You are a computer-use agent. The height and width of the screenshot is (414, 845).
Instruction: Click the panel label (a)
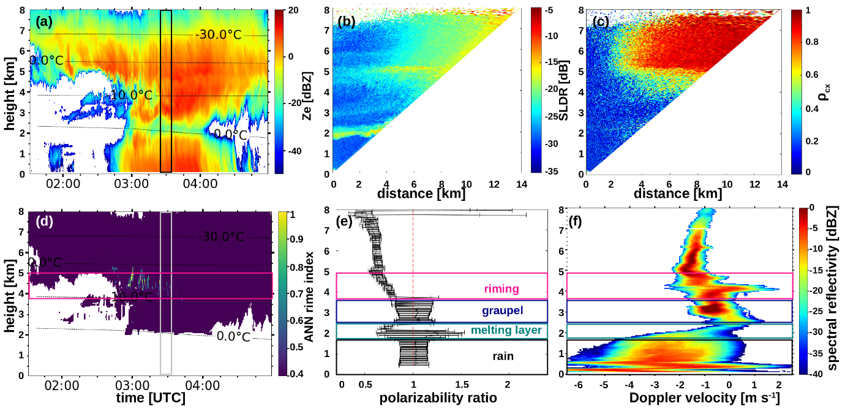click(x=45, y=22)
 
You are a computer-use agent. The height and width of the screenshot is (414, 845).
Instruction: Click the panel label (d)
click(x=45, y=223)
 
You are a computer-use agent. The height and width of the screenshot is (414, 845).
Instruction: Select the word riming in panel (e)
click(x=502, y=289)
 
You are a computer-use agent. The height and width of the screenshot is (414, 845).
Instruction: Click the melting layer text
click(x=506, y=331)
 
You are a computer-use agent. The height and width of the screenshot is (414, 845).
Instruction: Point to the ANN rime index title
click(x=309, y=293)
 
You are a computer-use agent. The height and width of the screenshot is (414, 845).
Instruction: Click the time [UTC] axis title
click(x=151, y=397)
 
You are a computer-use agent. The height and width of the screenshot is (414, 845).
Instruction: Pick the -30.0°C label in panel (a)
click(x=219, y=35)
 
